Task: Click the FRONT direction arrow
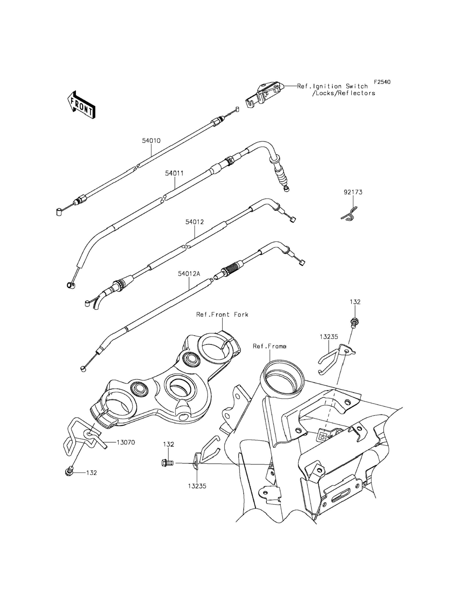pyautogui.click(x=81, y=105)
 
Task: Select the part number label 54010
pyautogui.click(x=151, y=141)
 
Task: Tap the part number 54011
pyautogui.click(x=174, y=173)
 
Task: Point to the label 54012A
pyautogui.click(x=189, y=274)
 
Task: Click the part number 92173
pyautogui.click(x=353, y=192)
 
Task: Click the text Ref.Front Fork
pyautogui.click(x=222, y=314)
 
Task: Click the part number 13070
pyautogui.click(x=126, y=442)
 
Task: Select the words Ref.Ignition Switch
pyautogui.click(x=332, y=86)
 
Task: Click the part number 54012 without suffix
pyautogui.click(x=195, y=222)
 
